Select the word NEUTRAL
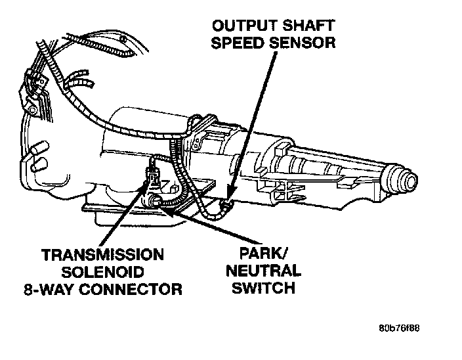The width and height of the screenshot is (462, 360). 262,271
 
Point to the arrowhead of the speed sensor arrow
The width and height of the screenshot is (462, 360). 230,194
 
